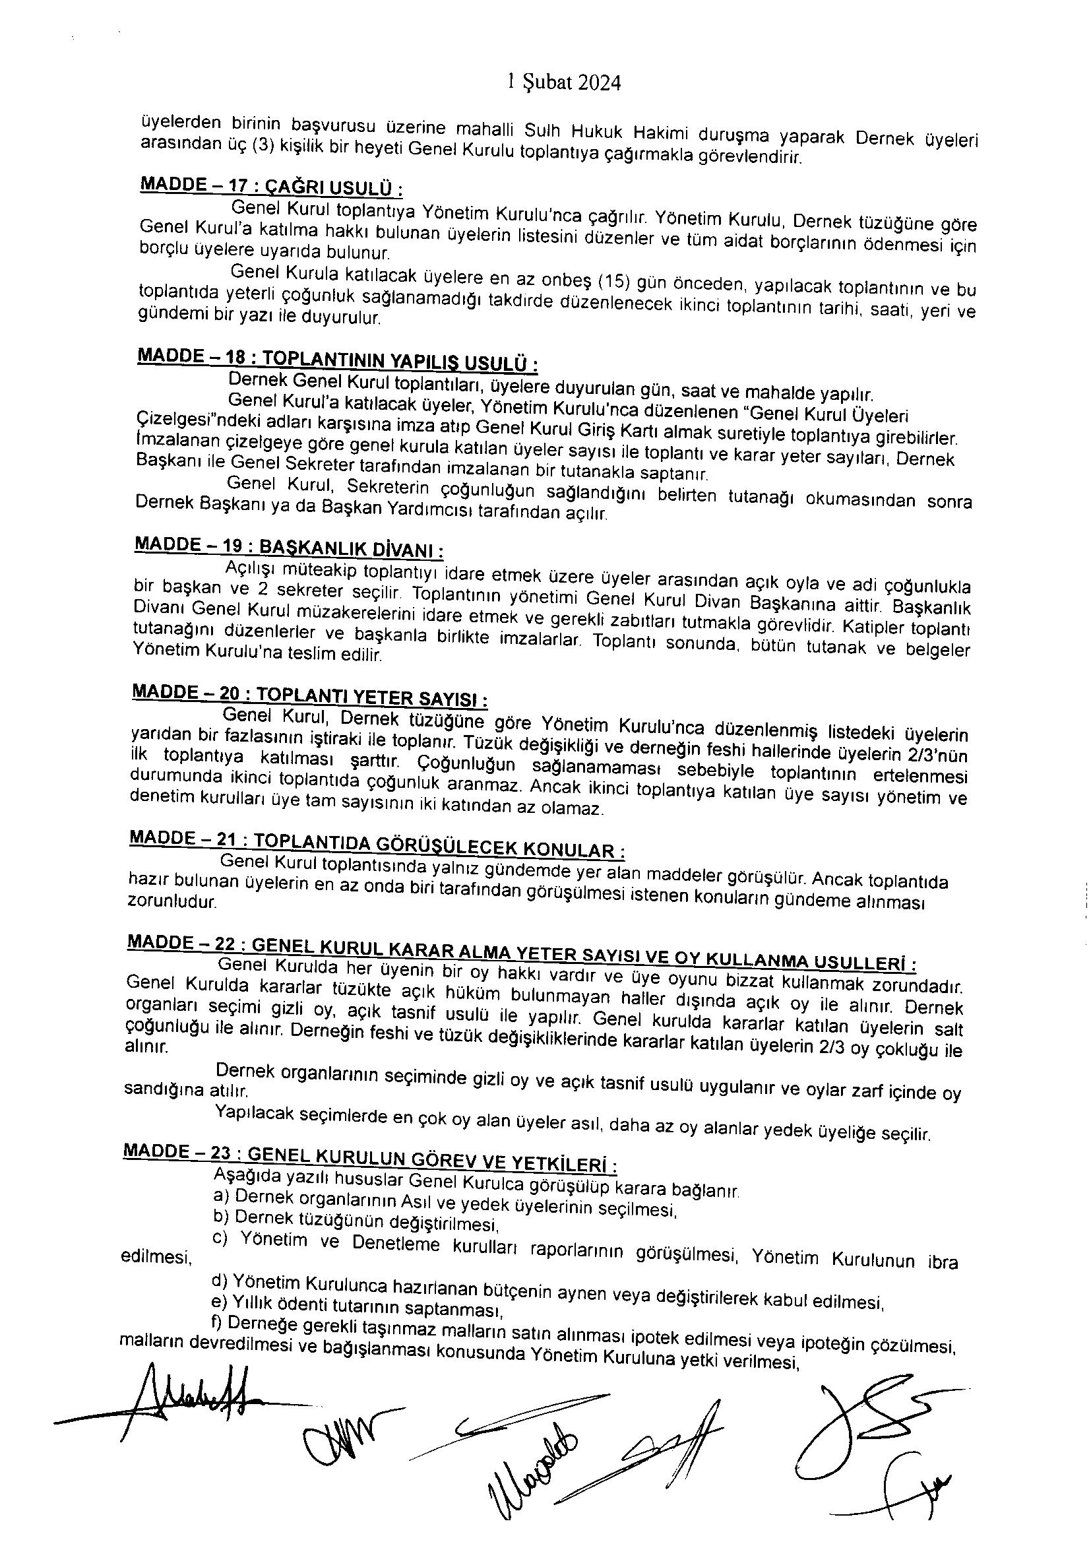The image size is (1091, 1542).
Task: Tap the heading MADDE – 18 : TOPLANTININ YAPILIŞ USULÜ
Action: pos(336,360)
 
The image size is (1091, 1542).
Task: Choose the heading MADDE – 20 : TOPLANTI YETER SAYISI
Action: pos(310,695)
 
